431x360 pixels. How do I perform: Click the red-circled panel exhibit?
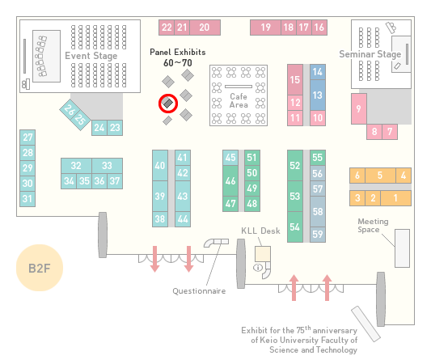[x=168, y=103]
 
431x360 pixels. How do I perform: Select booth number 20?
[x=205, y=28]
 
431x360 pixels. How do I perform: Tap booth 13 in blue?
[x=318, y=95]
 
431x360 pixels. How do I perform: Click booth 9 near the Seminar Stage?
[x=359, y=108]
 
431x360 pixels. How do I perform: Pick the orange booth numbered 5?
[x=380, y=176]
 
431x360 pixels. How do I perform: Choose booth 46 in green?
[x=230, y=180]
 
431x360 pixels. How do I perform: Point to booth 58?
[x=318, y=211]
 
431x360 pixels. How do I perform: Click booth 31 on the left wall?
[x=27, y=198]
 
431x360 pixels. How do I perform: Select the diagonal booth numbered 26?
[x=69, y=109]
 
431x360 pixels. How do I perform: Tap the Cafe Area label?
[x=239, y=100]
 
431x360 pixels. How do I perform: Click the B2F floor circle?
[x=40, y=268]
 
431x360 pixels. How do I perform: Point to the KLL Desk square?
[x=263, y=254]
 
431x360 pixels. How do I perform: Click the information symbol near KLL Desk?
[x=258, y=267]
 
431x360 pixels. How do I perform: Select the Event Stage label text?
[x=91, y=56]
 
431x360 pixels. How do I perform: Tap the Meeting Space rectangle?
[x=402, y=248]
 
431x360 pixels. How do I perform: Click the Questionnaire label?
[x=199, y=291]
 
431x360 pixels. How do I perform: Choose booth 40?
[x=160, y=166]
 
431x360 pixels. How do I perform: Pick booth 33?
[x=108, y=166]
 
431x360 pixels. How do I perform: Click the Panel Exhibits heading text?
[x=178, y=52]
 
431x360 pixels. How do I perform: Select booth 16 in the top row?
[x=319, y=28]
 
